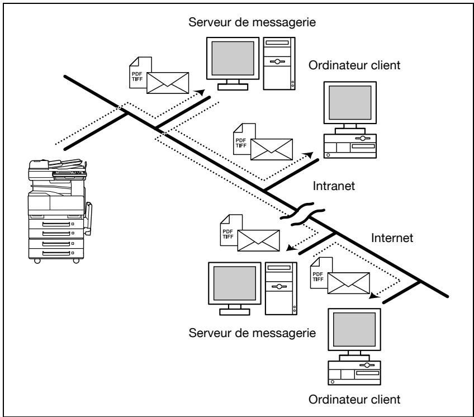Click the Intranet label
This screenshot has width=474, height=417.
334,186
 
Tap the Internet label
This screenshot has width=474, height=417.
392,238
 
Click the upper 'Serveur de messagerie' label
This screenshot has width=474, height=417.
252,22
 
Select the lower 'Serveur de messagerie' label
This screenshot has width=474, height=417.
252,333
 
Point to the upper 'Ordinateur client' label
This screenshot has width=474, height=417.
354,65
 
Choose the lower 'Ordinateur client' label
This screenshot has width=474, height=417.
354,400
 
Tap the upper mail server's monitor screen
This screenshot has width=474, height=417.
233,58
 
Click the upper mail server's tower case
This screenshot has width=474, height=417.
279,64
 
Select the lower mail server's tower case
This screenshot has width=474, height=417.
281,289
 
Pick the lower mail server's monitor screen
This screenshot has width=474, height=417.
235,283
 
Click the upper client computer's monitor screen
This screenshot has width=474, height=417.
350,102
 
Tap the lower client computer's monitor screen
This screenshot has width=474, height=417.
354,330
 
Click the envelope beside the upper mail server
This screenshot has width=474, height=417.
168,83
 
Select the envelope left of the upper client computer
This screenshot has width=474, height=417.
272,149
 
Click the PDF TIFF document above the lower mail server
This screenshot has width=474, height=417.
231,230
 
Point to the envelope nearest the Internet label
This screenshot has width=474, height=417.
349,283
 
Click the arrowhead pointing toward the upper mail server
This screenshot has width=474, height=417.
200,92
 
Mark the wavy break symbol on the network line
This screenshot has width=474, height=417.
302,214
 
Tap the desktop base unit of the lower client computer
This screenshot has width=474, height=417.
354,373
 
